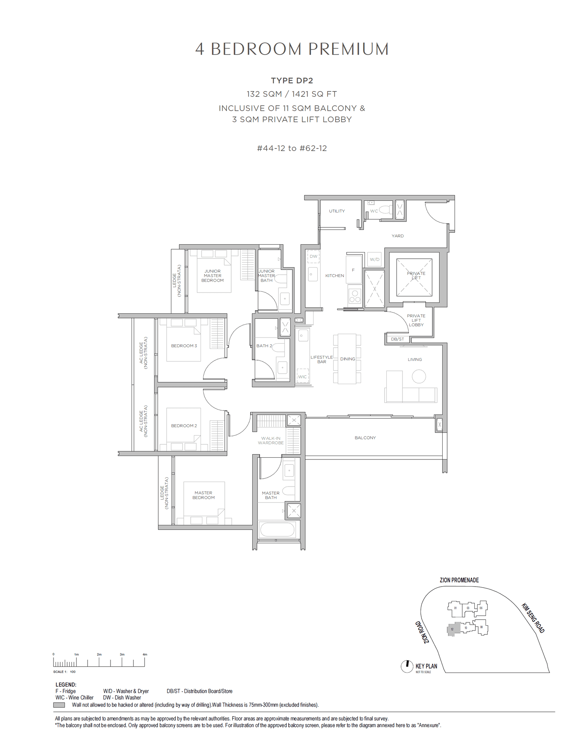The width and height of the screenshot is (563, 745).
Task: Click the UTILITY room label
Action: (337, 211)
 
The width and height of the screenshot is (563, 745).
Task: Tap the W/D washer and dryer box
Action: (374, 259)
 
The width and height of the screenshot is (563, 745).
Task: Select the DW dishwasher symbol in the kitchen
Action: (313, 256)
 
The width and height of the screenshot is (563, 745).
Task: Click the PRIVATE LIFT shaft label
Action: (416, 275)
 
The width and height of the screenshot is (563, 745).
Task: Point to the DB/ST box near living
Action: (397, 339)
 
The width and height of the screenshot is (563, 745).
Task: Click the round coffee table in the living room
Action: (419, 376)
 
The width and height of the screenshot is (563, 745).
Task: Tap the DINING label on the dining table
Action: (347, 359)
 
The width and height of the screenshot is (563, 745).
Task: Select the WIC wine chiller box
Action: (302, 376)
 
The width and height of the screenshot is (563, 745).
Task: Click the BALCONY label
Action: (365, 438)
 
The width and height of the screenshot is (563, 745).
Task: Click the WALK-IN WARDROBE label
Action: (271, 440)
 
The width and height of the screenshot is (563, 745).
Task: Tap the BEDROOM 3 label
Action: (184, 346)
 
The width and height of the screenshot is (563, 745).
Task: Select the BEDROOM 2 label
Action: (184, 426)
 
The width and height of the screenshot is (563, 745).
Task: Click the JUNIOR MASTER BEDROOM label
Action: (212, 276)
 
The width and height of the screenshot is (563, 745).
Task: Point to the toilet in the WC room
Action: (386, 210)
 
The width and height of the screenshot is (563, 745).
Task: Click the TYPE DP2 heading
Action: (292, 81)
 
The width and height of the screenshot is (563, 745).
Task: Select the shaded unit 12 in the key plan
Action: (453, 629)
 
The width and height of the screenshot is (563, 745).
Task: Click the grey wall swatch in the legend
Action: (59, 705)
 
